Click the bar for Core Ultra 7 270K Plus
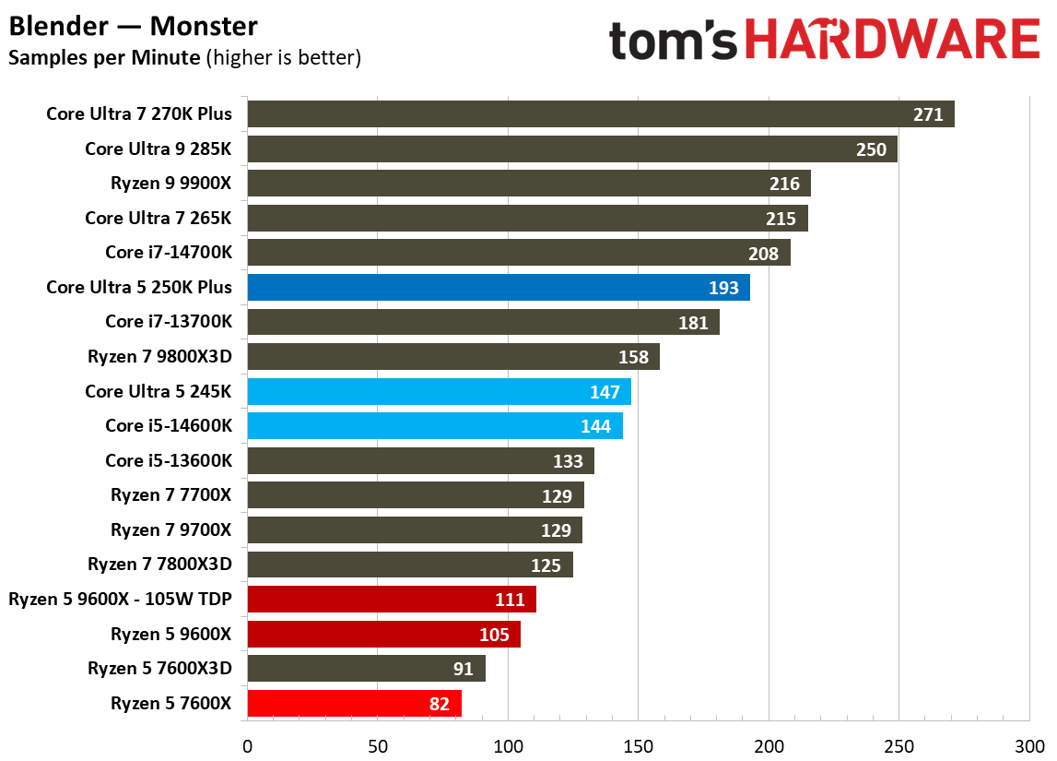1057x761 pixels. [599, 114]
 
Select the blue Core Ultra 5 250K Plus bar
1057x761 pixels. [498, 288]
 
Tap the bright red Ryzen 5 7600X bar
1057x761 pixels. [354, 704]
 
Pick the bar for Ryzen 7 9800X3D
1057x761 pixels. [452, 357]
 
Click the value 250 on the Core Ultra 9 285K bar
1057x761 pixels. [871, 149]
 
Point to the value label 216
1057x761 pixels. [784, 184]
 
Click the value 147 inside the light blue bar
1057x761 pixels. [605, 392]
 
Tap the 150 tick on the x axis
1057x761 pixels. [638, 744]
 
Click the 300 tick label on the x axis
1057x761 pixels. [1028, 744]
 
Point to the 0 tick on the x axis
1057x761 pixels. [247, 744]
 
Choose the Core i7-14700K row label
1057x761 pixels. [169, 253]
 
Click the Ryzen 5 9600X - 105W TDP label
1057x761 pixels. [120, 600]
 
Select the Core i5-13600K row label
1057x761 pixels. [169, 460]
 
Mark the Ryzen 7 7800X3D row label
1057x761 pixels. [159, 565]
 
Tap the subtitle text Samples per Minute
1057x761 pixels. [104, 58]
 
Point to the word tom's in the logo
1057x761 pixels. [674, 41]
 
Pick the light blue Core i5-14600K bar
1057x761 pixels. [434, 426]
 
